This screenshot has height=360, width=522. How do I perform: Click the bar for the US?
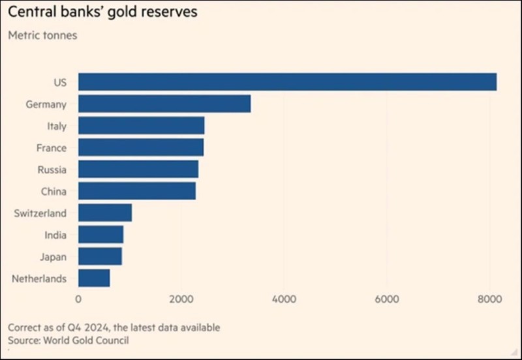287,82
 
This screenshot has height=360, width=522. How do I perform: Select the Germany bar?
164,104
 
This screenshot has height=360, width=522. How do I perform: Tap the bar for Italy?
141,126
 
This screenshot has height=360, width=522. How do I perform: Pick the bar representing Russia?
138,170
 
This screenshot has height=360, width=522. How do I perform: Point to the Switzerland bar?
105,213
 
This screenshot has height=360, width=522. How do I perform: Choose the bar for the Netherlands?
94,278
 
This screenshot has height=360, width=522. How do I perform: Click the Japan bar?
100,256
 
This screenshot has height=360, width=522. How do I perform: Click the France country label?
51,148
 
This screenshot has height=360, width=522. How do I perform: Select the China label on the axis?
53,191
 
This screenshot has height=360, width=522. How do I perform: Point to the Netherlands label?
39,278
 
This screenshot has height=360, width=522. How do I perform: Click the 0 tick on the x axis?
78,299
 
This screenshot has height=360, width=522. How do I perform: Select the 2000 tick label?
181,299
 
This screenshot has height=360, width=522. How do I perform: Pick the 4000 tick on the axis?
284,299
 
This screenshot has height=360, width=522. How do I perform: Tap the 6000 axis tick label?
386,299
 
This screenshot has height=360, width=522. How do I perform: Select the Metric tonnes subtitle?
42,35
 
